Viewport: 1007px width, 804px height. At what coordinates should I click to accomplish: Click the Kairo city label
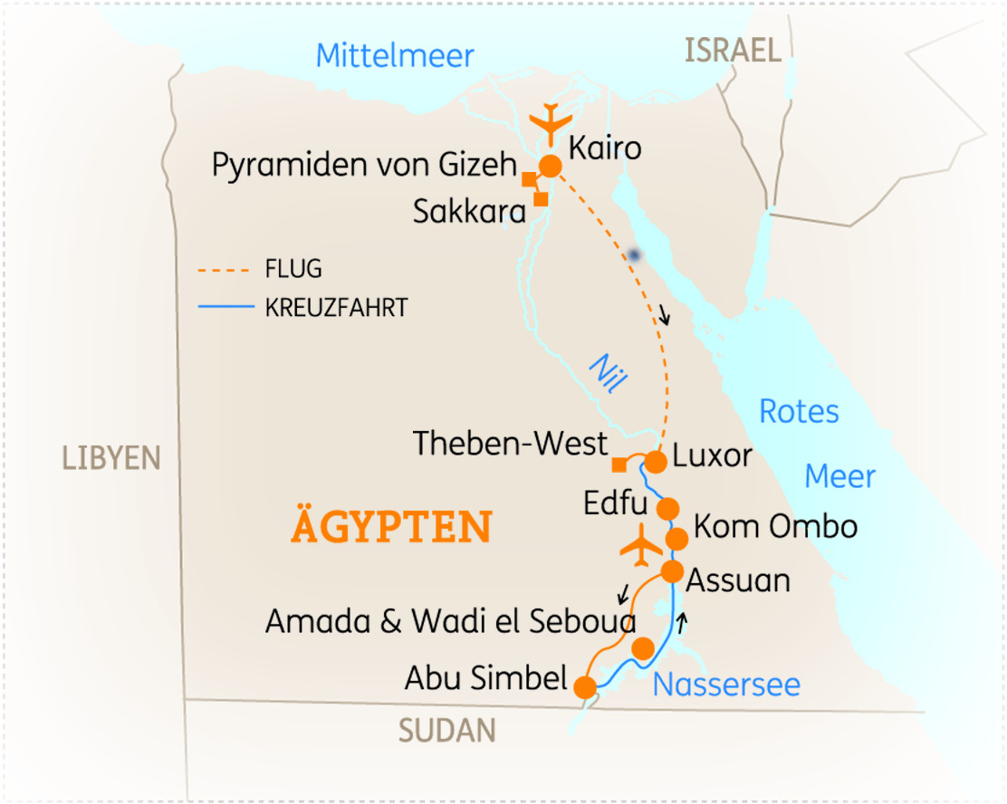click(605, 148)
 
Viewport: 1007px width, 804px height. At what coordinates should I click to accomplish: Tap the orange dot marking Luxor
click(655, 461)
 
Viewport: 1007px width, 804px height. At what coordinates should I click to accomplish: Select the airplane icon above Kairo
click(550, 123)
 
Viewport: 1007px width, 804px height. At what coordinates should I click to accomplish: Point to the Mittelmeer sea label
click(395, 56)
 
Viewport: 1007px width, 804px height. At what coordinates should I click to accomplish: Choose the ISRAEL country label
click(733, 51)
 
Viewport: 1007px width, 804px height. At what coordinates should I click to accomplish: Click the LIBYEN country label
click(110, 457)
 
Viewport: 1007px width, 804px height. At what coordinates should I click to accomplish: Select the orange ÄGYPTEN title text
click(391, 526)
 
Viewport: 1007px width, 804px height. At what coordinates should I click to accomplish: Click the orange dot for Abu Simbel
click(585, 688)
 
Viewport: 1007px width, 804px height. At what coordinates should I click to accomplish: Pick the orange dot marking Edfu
click(667, 507)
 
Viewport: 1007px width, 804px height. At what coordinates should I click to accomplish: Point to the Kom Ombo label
click(775, 526)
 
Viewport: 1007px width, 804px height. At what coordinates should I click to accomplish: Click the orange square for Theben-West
click(619, 464)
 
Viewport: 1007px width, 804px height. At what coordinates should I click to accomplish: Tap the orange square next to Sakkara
click(541, 199)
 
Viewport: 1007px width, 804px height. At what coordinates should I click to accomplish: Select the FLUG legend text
click(293, 269)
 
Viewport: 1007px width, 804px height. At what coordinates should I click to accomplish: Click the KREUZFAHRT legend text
click(336, 308)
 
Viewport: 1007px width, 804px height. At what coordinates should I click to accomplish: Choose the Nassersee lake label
click(726, 684)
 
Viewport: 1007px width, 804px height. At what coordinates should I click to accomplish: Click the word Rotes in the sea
click(799, 411)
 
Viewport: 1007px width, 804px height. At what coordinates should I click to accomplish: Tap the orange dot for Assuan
click(672, 571)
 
